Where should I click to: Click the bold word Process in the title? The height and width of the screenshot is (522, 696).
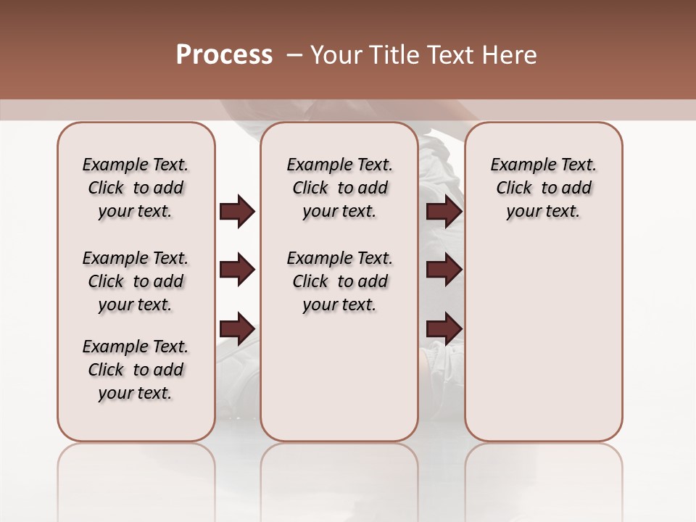(x=224, y=55)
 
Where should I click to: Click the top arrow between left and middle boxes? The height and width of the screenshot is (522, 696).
(x=237, y=212)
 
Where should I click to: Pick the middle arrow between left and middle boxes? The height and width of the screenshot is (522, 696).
(x=237, y=270)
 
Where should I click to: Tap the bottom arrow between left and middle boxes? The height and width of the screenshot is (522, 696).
(x=237, y=328)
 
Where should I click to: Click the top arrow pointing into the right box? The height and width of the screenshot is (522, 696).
(x=444, y=212)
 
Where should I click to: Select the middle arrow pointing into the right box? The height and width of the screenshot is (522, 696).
(x=444, y=270)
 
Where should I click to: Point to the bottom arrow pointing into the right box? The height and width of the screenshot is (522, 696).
(x=444, y=328)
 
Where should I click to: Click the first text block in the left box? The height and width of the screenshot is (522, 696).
(x=136, y=188)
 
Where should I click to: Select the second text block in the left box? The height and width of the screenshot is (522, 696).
(x=136, y=281)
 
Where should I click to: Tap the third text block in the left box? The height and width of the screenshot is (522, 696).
(x=136, y=370)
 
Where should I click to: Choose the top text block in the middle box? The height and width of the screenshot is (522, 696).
(x=339, y=188)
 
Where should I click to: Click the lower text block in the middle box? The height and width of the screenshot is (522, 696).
(x=339, y=281)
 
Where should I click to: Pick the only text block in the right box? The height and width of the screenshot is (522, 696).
(x=543, y=188)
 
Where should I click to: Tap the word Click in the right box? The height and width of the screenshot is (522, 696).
(x=514, y=188)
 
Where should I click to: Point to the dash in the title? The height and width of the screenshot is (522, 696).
(x=294, y=55)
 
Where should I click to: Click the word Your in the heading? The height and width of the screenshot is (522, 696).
(x=335, y=55)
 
